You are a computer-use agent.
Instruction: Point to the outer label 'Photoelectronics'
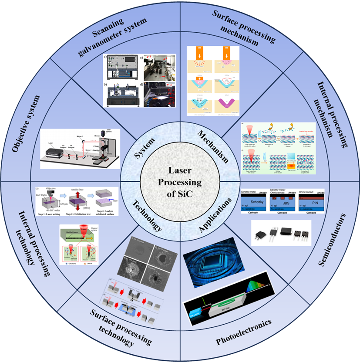(x=243, y=332)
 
